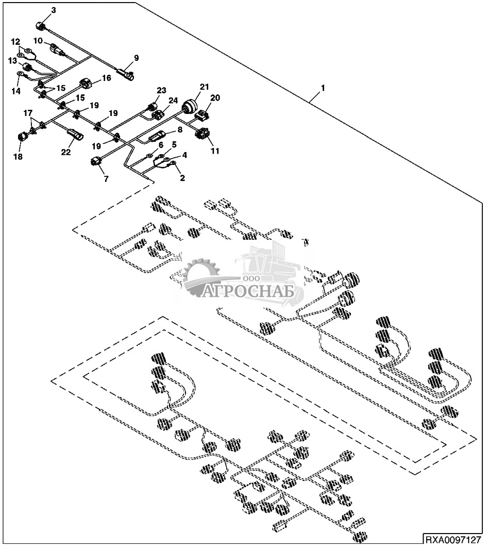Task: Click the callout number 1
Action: pos(323,89)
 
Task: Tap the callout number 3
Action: pos(54,10)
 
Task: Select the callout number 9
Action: pos(137,57)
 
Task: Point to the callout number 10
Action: pos(39,40)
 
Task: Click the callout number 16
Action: pos(106,78)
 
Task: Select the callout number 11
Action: pos(214,151)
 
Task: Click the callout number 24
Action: pos(173,100)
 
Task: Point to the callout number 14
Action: pos(16,91)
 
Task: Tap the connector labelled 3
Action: pos(42,26)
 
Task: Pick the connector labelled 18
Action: pos(24,137)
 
